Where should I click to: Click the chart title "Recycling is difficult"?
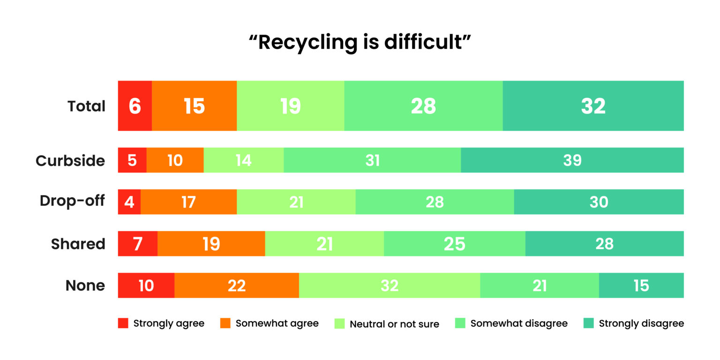click(x=360, y=42)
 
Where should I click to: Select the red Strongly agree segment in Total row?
click(x=135, y=105)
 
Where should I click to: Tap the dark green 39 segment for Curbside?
click(x=572, y=160)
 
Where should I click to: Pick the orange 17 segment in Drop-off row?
click(x=188, y=202)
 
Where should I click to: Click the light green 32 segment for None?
click(x=389, y=285)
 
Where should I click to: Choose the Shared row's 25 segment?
click(x=454, y=244)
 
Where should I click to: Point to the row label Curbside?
click(x=70, y=161)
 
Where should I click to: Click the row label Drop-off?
click(x=72, y=201)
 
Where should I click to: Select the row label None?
click(x=85, y=285)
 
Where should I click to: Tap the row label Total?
click(x=86, y=106)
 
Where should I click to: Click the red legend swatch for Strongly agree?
click(x=123, y=323)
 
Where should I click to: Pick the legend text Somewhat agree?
click(x=277, y=323)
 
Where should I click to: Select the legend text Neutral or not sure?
click(x=394, y=324)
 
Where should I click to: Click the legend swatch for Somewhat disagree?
click(x=460, y=323)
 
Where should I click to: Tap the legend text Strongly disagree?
click(x=641, y=323)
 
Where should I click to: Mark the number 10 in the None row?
click(x=146, y=285)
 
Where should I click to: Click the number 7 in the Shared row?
click(x=137, y=244)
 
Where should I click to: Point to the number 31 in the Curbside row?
click(x=372, y=160)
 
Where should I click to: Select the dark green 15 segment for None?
click(x=641, y=285)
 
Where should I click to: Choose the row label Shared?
click(x=78, y=244)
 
